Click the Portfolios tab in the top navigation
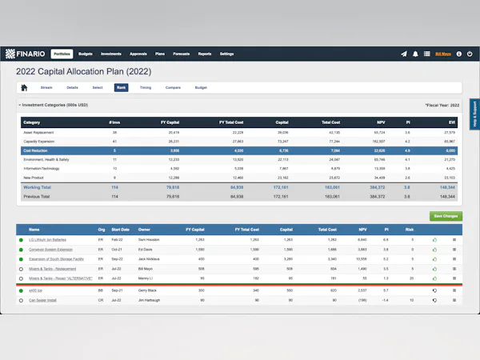pos(62,54)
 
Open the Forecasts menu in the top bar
pos(181,54)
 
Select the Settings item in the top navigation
pos(226,54)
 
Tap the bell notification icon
pos(415,54)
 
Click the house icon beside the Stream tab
pos(24,87)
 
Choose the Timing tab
pos(145,87)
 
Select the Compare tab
pos(173,87)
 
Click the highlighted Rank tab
pos(121,87)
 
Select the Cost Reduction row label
pos(37,150)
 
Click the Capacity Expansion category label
pos(40,140)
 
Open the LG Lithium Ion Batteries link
pos(47,239)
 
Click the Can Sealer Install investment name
pos(43,300)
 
